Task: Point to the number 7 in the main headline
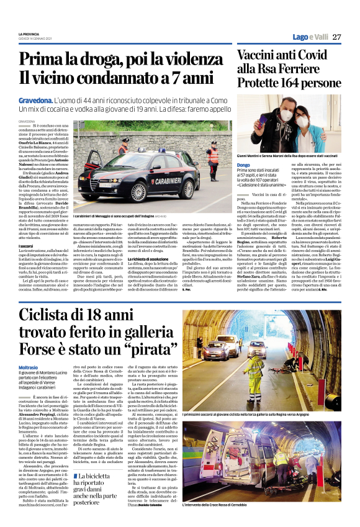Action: [176, 78]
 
